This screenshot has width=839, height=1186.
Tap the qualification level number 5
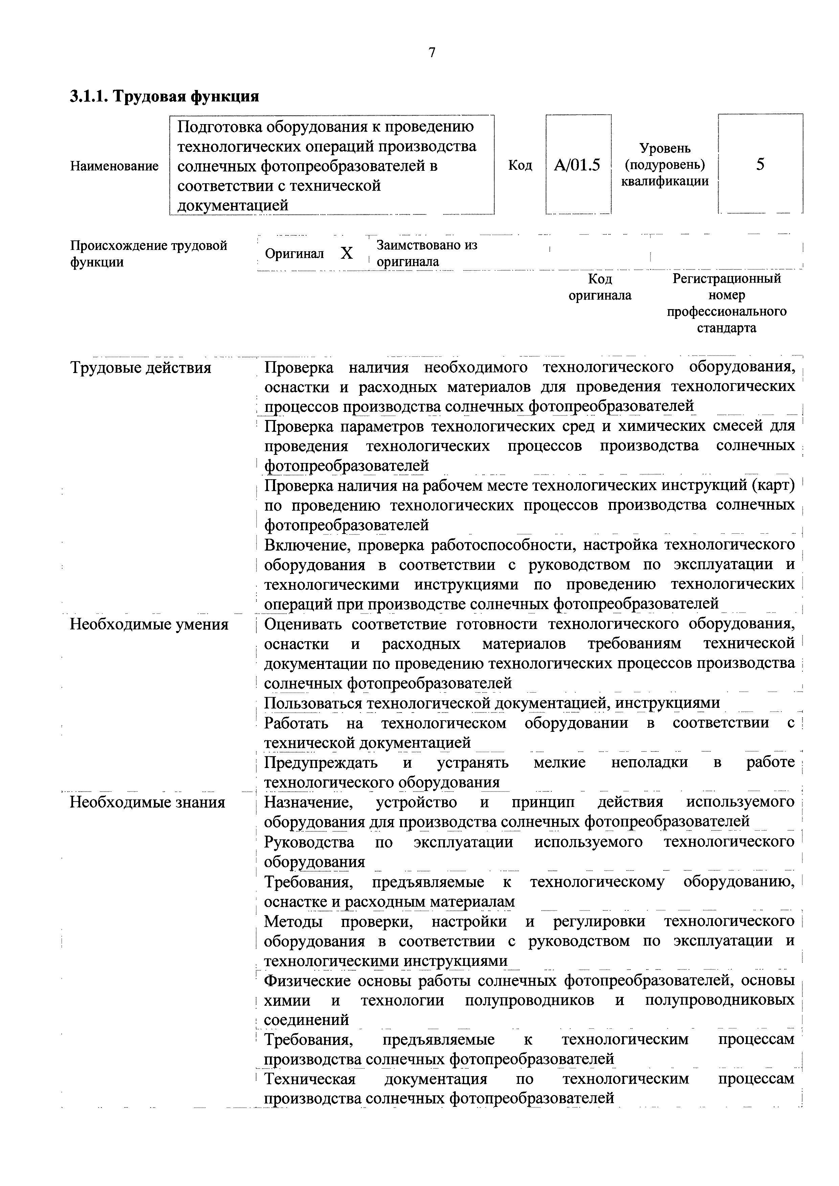point(760,165)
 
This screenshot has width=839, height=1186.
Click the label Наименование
point(114,166)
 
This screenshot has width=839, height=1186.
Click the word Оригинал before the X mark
point(294,254)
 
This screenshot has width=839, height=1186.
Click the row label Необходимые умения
point(149,625)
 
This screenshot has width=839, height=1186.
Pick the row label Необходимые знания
point(148,803)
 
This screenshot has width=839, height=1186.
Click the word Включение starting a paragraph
point(306,545)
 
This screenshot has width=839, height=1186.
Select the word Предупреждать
point(320,763)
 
